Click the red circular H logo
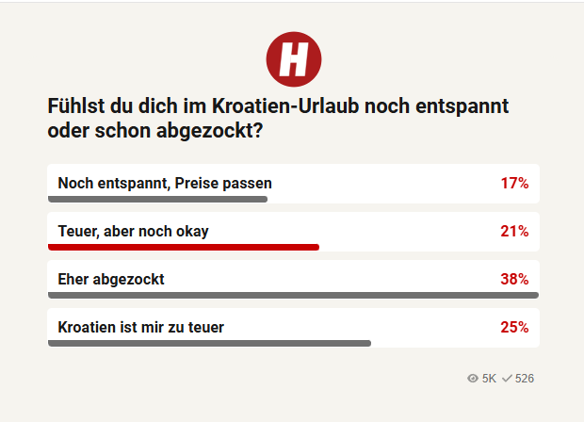pyautogui.click(x=294, y=59)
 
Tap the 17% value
pyautogui.click(x=514, y=184)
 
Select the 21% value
pyautogui.click(x=514, y=232)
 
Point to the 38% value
pyautogui.click(x=514, y=279)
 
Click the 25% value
pyautogui.click(x=514, y=327)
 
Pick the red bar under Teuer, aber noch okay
pyautogui.click(x=184, y=248)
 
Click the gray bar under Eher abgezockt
pyautogui.click(x=294, y=296)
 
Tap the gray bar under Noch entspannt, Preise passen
pyautogui.click(x=157, y=200)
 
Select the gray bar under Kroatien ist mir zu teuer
pyautogui.click(x=209, y=344)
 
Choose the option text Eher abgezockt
pyautogui.click(x=111, y=280)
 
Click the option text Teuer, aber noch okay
pyautogui.click(x=134, y=232)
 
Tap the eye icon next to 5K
pyautogui.click(x=473, y=379)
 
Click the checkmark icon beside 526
pyautogui.click(x=507, y=379)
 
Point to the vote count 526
pyautogui.click(x=525, y=379)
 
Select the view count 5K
pyautogui.click(x=489, y=379)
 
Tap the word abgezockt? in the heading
pyautogui.click(x=210, y=131)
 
